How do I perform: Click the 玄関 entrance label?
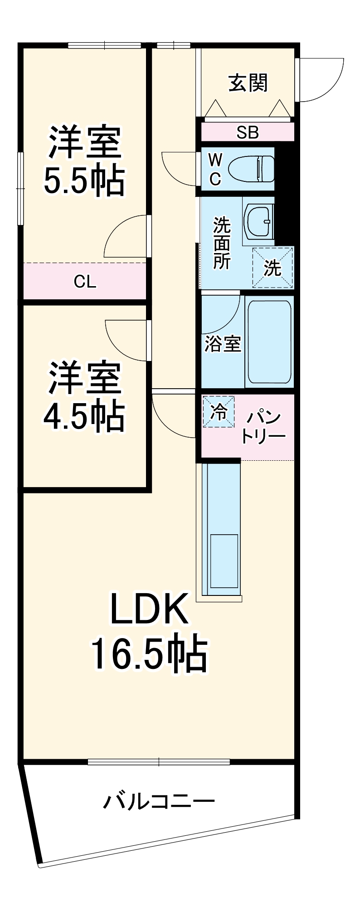248,83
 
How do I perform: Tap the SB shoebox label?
248,132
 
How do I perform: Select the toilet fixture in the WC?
252,169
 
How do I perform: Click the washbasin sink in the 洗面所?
258,221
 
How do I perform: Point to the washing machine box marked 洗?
273,268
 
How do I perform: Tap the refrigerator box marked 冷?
219,412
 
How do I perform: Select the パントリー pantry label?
263,427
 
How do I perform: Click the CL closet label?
85,282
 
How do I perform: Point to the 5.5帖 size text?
84,181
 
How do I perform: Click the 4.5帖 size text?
84,415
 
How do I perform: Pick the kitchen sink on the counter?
224,561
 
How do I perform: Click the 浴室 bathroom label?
222,344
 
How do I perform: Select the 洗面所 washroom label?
222,243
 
